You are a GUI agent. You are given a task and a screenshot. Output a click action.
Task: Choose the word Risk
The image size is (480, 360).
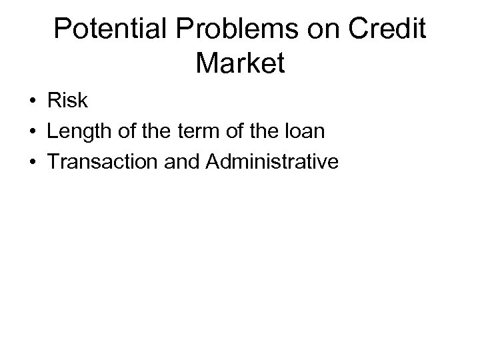[67, 101]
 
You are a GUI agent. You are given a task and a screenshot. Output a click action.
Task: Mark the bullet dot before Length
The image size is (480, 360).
[32, 132]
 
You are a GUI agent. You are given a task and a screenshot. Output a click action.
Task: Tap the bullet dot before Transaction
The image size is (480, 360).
[32, 161]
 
